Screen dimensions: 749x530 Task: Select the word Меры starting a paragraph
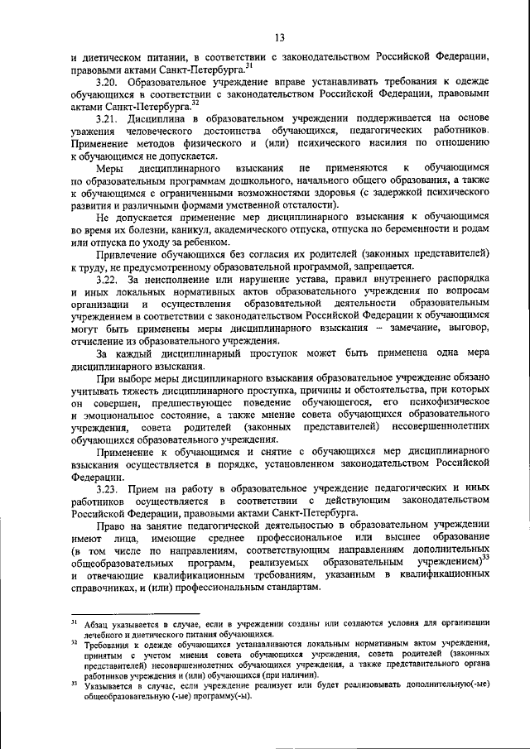(x=113, y=168)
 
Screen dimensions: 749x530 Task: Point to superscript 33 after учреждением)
(x=486, y=559)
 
